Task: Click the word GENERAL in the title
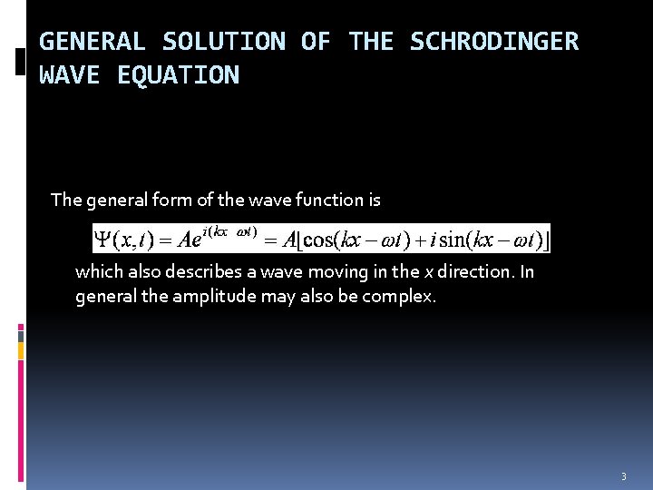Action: pyautogui.click(x=92, y=42)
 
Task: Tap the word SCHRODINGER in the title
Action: pyautogui.click(x=493, y=42)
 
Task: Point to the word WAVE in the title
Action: pyautogui.click(x=69, y=75)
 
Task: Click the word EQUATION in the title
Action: pyautogui.click(x=178, y=75)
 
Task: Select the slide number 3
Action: pyautogui.click(x=624, y=476)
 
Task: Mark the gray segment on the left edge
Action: pyautogui.click(x=21, y=335)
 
